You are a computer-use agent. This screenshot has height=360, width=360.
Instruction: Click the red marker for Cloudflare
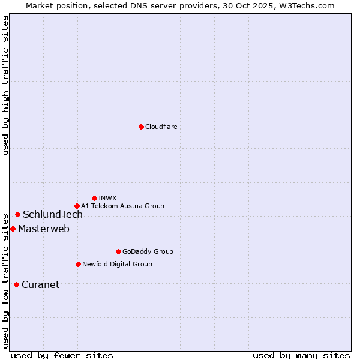(141, 127)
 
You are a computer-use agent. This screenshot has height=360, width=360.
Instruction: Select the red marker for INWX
(94, 198)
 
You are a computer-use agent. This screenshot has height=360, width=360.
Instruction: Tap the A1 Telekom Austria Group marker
(77, 206)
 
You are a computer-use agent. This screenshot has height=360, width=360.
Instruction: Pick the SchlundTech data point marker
(17, 214)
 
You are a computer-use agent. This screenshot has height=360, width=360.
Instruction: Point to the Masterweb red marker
(13, 229)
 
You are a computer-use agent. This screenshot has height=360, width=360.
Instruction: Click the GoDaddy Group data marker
(118, 251)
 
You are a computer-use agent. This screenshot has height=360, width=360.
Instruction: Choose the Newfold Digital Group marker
(78, 264)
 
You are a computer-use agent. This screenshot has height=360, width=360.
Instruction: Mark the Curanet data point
(16, 284)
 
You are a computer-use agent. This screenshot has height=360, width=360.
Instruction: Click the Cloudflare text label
(161, 127)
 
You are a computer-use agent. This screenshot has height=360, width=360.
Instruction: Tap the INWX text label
(107, 198)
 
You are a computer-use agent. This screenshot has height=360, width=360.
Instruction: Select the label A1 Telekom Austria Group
(122, 206)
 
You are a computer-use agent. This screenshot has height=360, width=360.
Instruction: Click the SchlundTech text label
(53, 215)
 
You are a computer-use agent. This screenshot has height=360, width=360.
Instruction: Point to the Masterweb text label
(44, 229)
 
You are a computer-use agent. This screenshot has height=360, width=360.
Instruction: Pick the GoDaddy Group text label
(148, 251)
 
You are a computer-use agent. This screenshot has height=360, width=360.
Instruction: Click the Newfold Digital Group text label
(117, 264)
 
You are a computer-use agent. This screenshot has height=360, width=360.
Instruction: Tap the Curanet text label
(40, 285)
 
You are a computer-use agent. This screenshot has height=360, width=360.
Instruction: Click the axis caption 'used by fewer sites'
(62, 355)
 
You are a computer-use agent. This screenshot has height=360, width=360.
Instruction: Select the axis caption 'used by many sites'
(301, 355)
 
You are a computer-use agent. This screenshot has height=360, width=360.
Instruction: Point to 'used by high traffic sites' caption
(5, 85)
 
